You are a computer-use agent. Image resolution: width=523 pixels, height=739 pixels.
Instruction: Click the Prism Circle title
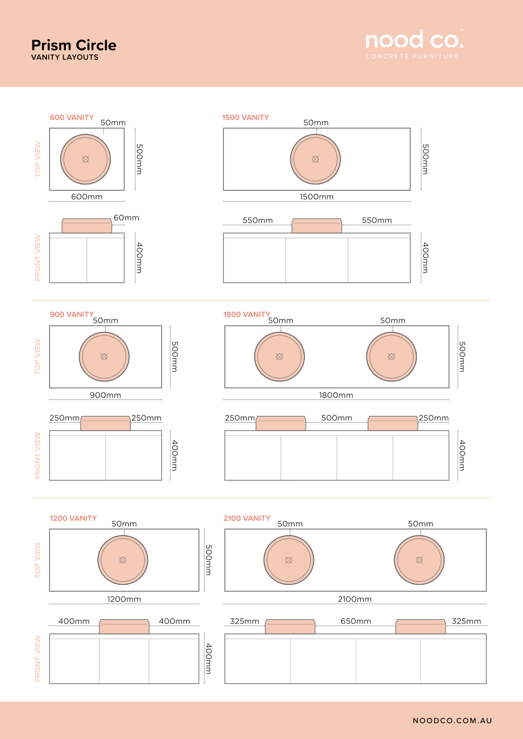pos(74,45)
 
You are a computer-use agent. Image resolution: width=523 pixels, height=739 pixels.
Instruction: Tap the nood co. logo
pos(414,44)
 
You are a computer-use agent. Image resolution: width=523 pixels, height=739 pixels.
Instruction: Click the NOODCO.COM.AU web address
pos(452,721)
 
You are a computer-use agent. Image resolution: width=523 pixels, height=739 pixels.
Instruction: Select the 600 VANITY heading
pos(72,118)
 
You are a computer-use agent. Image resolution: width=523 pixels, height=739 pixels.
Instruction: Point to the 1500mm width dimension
pos(316,197)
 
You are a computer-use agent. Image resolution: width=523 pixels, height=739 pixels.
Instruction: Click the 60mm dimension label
pos(126,218)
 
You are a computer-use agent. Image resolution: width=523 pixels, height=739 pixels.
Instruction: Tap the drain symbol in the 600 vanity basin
pos(86,159)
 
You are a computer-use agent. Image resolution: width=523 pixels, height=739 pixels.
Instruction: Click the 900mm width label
pos(105,395)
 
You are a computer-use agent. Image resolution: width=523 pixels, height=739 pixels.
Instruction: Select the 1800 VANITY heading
pos(247,315)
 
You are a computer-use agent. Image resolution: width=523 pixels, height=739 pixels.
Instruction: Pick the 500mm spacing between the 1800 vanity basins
pos(337,418)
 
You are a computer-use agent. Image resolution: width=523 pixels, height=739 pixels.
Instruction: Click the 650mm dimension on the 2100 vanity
pos(356,621)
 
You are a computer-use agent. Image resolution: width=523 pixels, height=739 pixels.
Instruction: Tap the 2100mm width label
pos(355,599)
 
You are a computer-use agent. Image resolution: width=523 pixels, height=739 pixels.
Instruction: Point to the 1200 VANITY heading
pos(73,518)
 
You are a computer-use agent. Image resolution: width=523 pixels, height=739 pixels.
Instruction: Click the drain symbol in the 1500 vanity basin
pos(316,159)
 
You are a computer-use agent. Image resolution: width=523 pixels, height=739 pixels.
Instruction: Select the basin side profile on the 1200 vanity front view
pos(124,627)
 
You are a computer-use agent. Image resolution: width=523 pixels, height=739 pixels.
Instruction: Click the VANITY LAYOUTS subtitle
pos(65,57)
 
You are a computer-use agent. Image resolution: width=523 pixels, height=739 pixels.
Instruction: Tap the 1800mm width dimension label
pos(336,395)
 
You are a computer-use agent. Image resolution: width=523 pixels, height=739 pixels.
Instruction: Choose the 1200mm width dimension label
pos(124,599)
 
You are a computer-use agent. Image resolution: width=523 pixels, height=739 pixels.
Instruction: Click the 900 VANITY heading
pos(72,315)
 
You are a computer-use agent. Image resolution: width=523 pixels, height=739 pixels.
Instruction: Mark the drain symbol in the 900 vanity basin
pos(104,356)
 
